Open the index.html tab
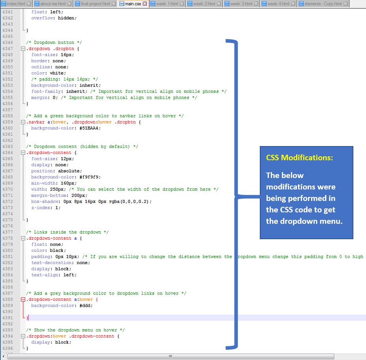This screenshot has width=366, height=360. [16, 4]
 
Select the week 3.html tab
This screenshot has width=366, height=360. [242, 4]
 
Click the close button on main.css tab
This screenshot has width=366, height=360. [145, 4]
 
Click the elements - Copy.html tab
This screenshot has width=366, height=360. [323, 4]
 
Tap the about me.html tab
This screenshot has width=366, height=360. [53, 4]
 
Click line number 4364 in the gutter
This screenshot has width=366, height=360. [8, 153]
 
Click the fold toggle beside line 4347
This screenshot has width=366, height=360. [23, 49]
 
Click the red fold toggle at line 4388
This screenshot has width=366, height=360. [23, 299]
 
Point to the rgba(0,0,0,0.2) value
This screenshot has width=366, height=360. [129, 202]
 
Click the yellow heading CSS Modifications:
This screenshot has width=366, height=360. [300, 158]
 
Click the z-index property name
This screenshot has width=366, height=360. [41, 208]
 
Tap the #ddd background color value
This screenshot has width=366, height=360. [85, 306]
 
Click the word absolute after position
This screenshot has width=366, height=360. [69, 171]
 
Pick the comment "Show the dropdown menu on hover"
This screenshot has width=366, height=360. [75, 330]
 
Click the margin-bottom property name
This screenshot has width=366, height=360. [49, 195]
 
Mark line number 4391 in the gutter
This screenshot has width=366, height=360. [8, 318]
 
